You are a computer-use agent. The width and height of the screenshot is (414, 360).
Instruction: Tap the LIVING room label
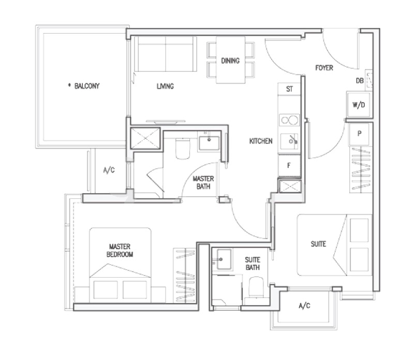click(165, 86)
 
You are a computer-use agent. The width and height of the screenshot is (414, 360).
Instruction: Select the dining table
click(230, 60)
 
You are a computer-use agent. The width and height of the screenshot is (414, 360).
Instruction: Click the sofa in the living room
click(166, 54)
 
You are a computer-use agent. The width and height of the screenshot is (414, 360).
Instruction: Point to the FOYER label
click(324, 68)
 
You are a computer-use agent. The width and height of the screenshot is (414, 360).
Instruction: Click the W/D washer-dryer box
click(359, 105)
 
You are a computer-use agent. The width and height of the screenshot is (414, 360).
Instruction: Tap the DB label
click(360, 81)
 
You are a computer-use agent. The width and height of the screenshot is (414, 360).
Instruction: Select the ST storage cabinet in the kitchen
click(289, 89)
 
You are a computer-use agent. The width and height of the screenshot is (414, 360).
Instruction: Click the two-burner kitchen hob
click(290, 120)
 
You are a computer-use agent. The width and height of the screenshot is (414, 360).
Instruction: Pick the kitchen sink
click(290, 141)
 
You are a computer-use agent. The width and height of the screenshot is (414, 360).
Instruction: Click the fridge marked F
click(290, 165)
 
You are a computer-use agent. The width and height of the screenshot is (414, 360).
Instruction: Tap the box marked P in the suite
click(359, 134)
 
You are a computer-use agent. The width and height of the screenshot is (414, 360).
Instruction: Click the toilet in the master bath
click(183, 149)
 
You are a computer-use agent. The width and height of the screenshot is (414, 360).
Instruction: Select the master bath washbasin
click(209, 143)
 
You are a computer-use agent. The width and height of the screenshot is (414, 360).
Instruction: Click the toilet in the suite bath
click(256, 287)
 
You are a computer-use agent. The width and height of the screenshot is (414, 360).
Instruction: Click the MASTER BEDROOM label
click(120, 251)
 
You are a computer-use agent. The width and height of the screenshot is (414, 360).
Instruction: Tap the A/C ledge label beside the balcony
click(109, 170)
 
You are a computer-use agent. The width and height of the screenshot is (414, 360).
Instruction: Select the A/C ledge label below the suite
click(304, 306)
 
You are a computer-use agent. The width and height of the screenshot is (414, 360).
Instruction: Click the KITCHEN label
click(261, 141)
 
